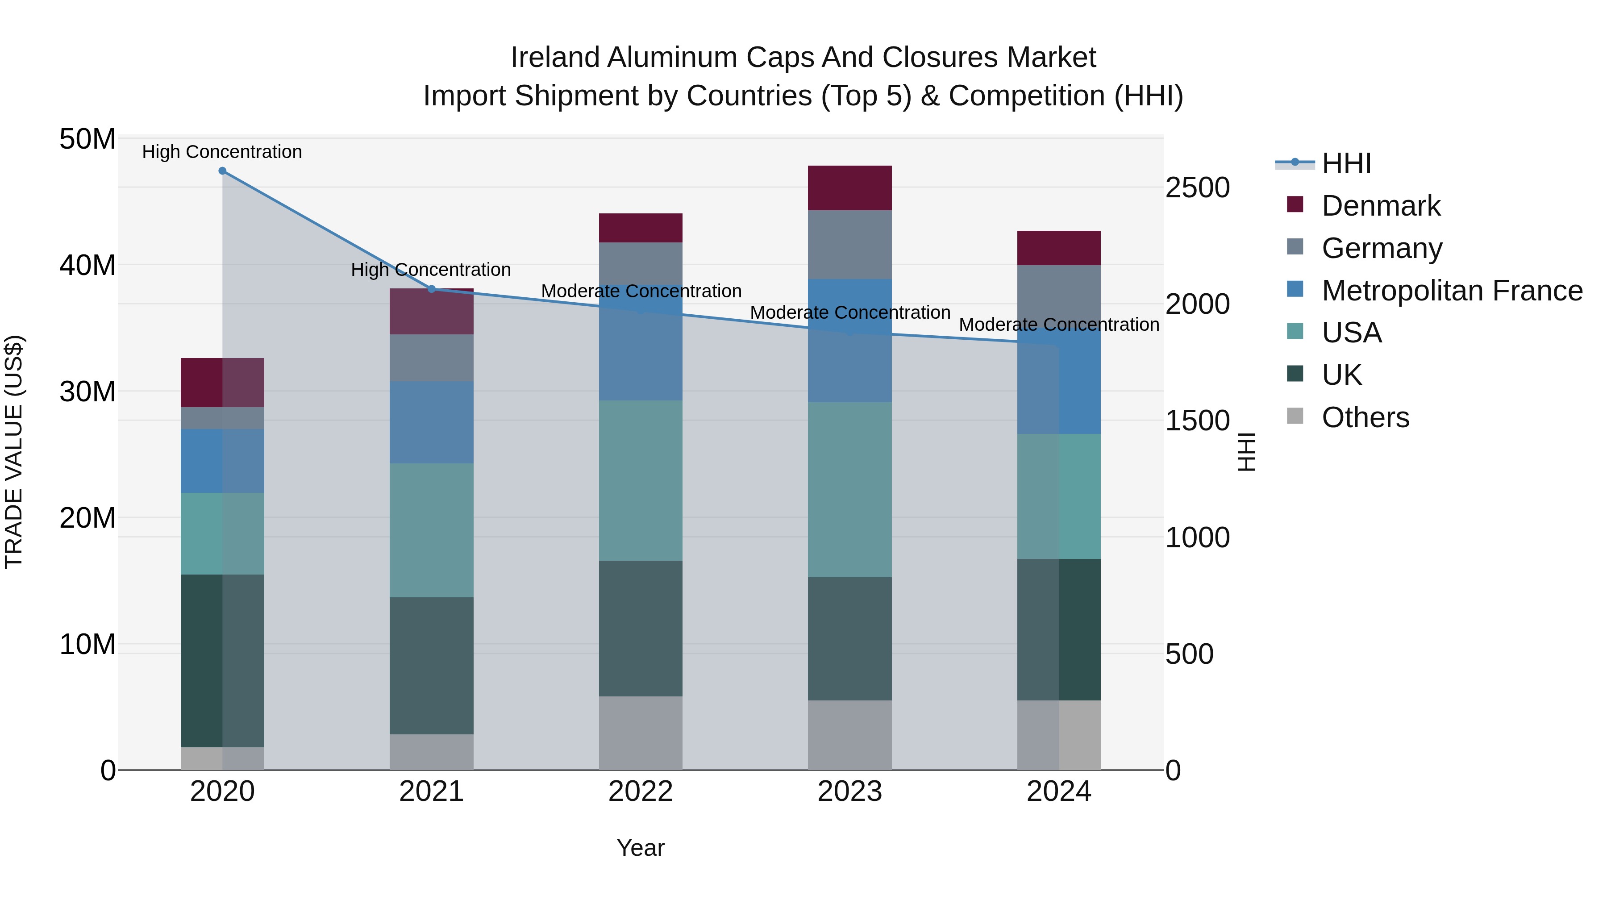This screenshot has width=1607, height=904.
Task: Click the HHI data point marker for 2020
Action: pos(222,171)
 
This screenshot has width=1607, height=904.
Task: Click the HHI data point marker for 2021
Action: pos(431,289)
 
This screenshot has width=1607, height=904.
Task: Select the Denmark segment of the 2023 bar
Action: pos(849,188)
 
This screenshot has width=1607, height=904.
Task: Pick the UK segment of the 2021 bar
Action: pos(431,665)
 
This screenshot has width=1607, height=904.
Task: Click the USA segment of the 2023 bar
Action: pos(849,489)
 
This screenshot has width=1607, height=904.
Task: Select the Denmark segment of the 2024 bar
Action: pos(1059,248)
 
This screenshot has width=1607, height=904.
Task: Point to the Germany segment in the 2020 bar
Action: pos(222,418)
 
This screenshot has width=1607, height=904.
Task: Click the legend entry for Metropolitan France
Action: pos(1451,291)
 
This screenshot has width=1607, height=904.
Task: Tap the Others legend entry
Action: pos(1365,417)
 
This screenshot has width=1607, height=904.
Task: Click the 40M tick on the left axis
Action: pos(87,266)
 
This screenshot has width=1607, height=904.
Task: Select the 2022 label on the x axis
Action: pos(641,792)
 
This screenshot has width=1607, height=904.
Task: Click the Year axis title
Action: pos(641,848)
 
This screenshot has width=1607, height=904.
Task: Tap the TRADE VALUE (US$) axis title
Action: pos(14,452)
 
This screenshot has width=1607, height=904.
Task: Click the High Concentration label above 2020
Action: pos(222,152)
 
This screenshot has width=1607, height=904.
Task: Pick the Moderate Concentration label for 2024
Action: pos(1059,325)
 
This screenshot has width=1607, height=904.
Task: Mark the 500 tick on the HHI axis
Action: pos(1189,654)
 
